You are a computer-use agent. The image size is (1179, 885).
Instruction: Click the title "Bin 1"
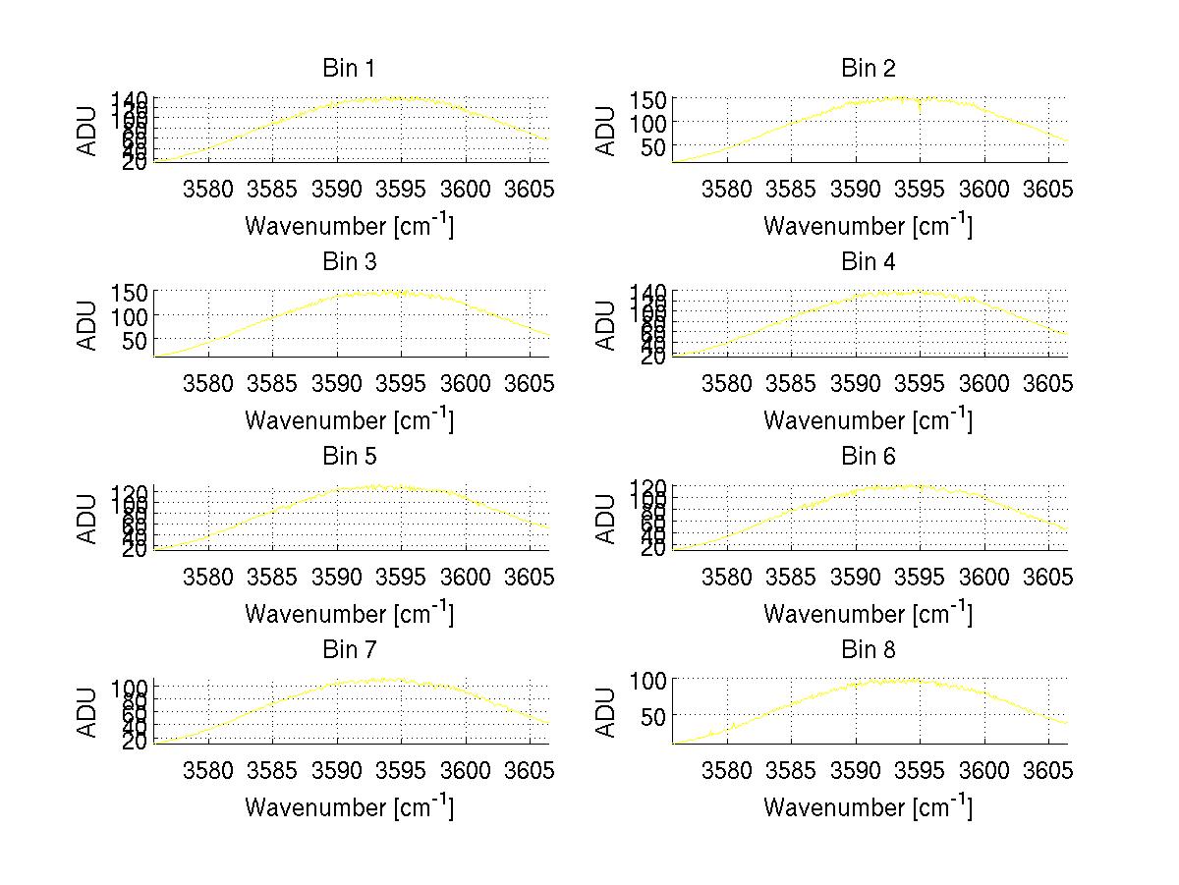coord(349,69)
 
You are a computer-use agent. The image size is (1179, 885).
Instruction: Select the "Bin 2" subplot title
coord(868,69)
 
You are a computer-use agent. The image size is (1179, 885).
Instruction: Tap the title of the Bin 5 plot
coord(349,457)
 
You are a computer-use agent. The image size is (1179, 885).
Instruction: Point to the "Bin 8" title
coord(868,650)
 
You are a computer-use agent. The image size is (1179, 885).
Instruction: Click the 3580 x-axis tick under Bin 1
coord(208,189)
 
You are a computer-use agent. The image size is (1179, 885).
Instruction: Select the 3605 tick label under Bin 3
coord(532,382)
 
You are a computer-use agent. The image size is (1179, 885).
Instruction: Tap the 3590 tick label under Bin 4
coord(856,382)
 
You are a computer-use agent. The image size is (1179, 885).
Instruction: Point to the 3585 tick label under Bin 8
coord(792,770)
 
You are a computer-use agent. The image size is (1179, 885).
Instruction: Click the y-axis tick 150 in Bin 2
coord(655,100)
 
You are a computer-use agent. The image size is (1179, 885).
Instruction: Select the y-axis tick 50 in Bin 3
coord(136,340)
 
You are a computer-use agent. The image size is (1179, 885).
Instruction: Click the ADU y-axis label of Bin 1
coord(88,130)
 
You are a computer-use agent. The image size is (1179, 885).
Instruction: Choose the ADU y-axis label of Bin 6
coord(607,518)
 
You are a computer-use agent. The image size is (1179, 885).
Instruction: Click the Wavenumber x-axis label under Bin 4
coord(868,419)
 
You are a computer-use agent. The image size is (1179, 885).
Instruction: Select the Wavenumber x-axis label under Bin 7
coord(349,806)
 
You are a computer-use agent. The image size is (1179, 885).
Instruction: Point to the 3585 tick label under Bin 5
coord(273,577)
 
